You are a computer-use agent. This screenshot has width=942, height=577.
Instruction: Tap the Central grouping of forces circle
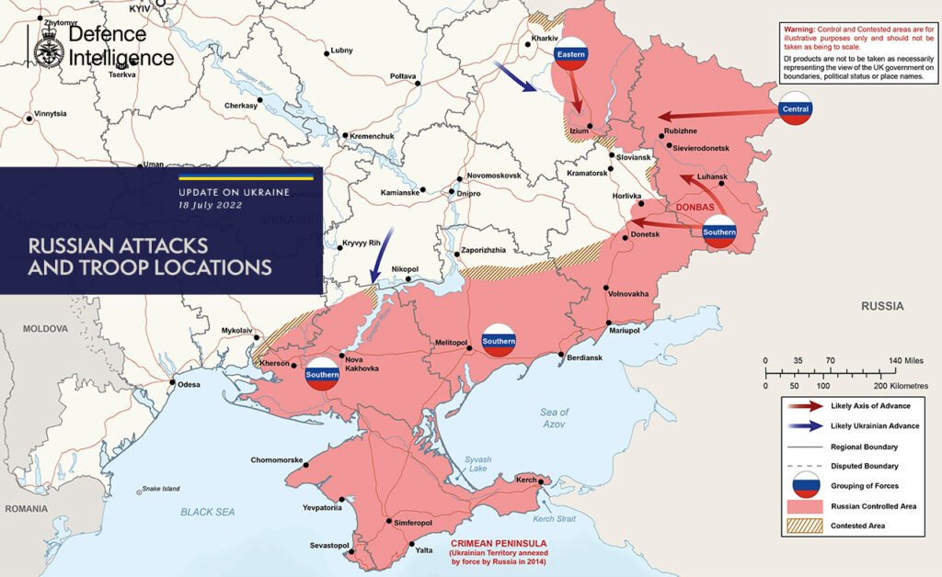pos(794,108)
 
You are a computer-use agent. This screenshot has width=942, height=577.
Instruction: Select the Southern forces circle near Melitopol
pos(498,341)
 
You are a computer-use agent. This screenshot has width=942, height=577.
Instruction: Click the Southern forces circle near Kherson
pos(323,374)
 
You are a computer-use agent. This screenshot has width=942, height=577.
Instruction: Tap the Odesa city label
pos(189,384)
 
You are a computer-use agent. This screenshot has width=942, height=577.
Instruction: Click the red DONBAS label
pos(695,208)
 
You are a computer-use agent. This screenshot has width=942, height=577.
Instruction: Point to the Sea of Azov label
pos(555,418)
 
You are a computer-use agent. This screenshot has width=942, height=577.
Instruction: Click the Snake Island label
pos(158,489)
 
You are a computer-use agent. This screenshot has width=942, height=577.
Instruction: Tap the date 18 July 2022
pos(211,206)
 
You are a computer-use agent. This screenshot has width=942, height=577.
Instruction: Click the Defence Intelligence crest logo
pos(47,47)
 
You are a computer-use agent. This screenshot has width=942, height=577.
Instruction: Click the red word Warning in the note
pos(798,29)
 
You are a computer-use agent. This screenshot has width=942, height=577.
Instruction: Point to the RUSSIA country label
pos(882,305)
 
